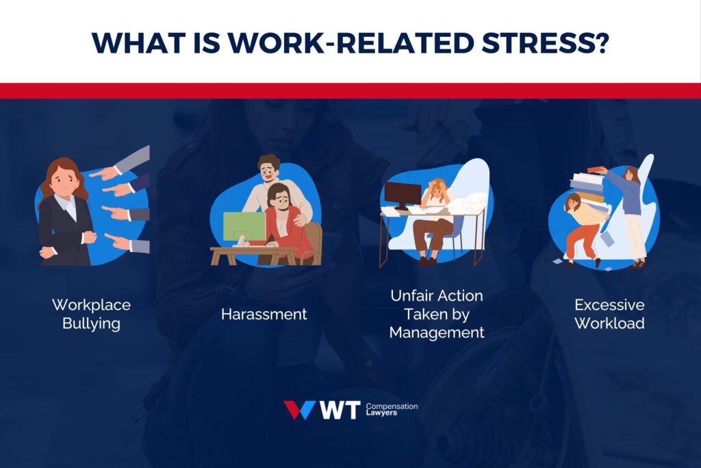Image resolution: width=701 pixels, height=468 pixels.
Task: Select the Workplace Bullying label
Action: click(x=91, y=314)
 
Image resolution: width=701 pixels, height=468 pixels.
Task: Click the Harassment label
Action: click(x=264, y=315)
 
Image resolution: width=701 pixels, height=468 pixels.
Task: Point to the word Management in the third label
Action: click(x=437, y=332)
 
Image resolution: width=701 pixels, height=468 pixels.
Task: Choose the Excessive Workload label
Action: click(x=609, y=314)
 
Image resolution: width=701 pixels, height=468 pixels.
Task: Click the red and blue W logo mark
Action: click(x=299, y=410)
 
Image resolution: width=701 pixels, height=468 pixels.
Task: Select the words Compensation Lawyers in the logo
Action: click(x=392, y=410)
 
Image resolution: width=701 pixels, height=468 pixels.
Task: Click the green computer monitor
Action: click(x=244, y=226)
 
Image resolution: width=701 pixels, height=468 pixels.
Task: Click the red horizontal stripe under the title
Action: click(x=350, y=90)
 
